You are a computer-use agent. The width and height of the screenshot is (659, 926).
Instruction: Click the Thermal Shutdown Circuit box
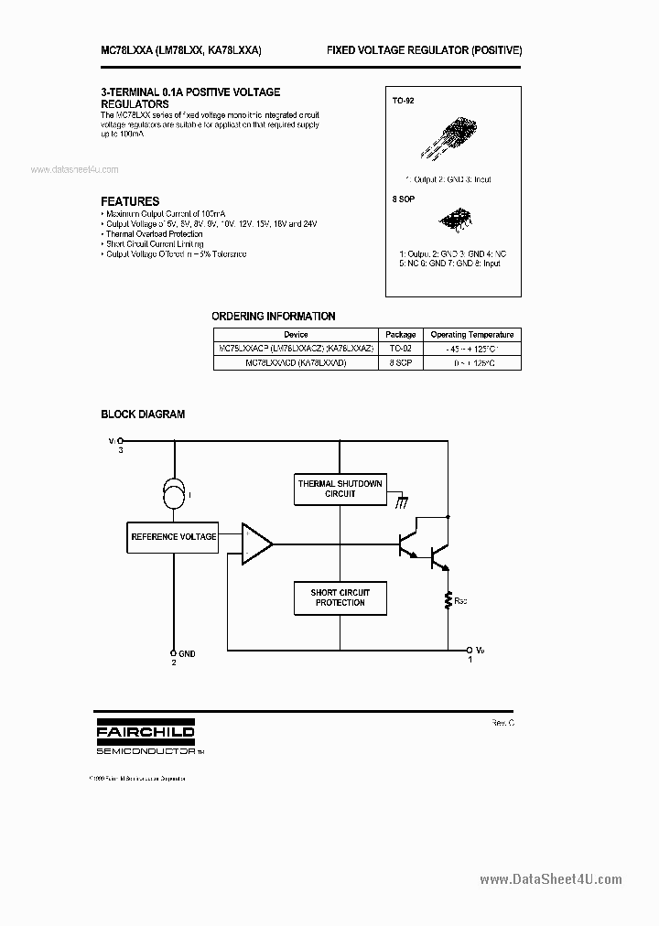(x=340, y=489)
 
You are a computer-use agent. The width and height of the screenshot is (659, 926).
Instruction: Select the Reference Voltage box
(x=174, y=537)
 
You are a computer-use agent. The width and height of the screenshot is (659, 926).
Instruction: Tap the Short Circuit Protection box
(x=340, y=598)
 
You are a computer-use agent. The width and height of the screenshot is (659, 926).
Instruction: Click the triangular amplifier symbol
(x=255, y=544)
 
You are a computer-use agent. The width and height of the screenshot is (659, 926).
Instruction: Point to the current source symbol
(x=174, y=495)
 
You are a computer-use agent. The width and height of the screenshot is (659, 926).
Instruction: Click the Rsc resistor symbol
(x=448, y=599)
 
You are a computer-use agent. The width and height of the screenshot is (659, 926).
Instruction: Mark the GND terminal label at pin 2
(x=187, y=654)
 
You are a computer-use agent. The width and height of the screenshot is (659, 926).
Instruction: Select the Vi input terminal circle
(x=120, y=440)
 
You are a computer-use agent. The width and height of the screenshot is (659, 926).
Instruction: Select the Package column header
(x=400, y=335)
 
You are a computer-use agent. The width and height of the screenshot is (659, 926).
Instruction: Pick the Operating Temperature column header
(x=472, y=335)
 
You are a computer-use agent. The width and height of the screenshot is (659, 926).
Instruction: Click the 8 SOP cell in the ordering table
(x=400, y=362)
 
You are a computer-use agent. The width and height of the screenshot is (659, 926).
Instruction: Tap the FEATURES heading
(x=130, y=201)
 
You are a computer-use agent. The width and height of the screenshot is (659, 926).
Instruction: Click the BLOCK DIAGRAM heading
(x=143, y=415)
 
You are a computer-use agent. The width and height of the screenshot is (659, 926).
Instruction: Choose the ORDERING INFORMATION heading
(x=274, y=317)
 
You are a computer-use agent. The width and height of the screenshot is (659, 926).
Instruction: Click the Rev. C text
(x=502, y=723)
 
